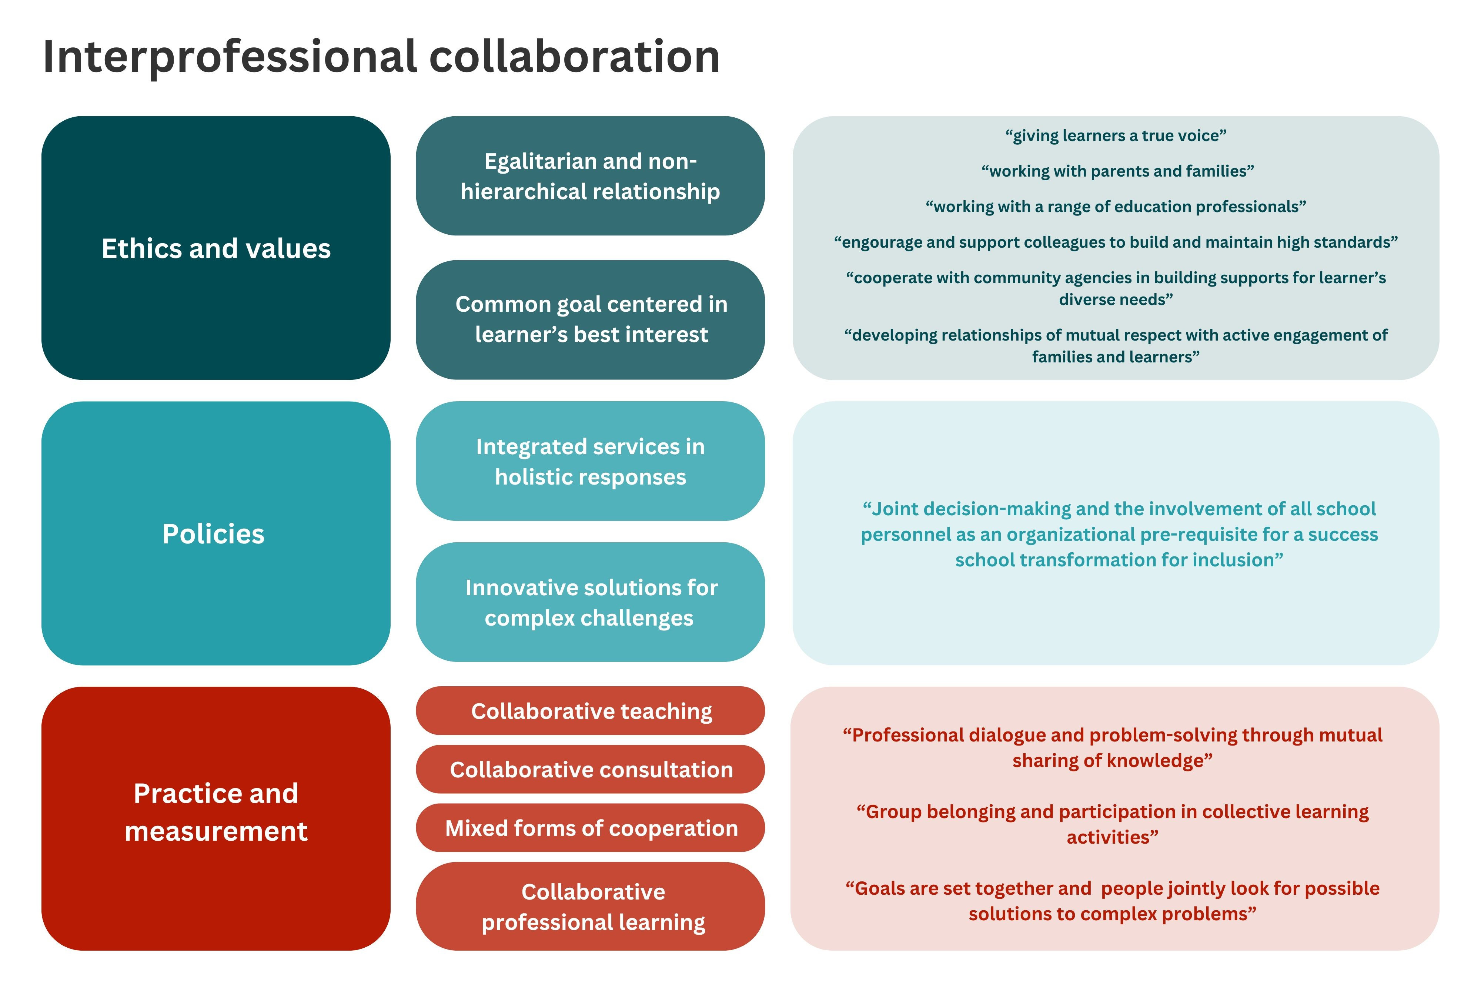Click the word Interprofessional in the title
(229, 57)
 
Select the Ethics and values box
(216, 248)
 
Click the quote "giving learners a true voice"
(1115, 135)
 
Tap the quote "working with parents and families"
(1117, 171)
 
